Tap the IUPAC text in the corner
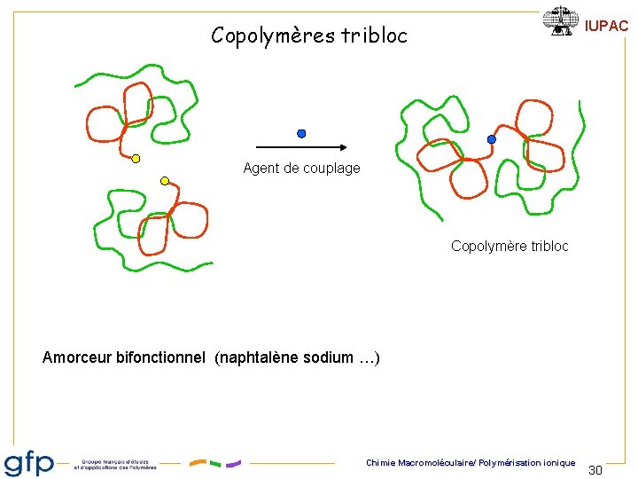(607, 27)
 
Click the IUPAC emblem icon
(560, 20)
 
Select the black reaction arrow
(301, 147)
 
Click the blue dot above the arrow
(301, 134)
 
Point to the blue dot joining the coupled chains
(492, 139)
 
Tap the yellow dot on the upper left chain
(136, 159)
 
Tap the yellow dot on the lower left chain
(165, 181)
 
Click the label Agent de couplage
(301, 169)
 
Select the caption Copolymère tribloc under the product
(510, 246)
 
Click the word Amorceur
(77, 358)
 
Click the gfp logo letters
(29, 464)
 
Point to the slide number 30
(595, 469)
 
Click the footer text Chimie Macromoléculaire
(413, 463)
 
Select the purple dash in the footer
(233, 463)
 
